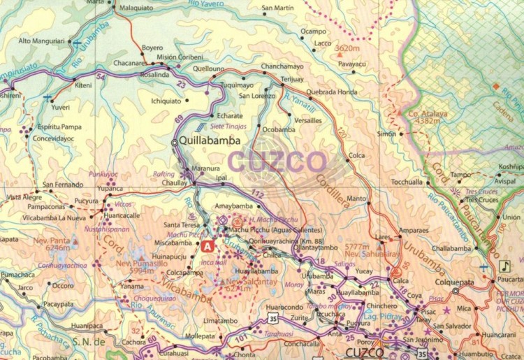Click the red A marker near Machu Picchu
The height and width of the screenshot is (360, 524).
(x=208, y=246)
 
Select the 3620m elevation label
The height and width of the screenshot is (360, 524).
(x=347, y=48)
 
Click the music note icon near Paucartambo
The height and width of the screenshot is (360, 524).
(x=504, y=266)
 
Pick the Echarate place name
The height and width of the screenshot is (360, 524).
(x=230, y=115)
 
